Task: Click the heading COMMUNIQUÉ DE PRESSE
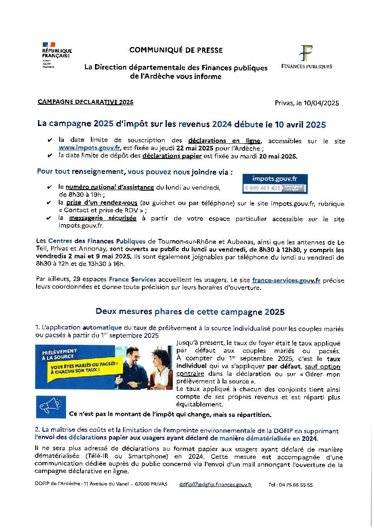tap(176, 50)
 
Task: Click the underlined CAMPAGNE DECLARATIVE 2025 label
tap(85, 103)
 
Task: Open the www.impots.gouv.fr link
tap(89, 148)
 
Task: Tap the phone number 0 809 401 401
tap(263, 188)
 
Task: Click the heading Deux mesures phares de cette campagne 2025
tap(190, 312)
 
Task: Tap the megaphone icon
tap(51, 407)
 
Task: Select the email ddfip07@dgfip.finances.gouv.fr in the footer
tap(215, 484)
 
